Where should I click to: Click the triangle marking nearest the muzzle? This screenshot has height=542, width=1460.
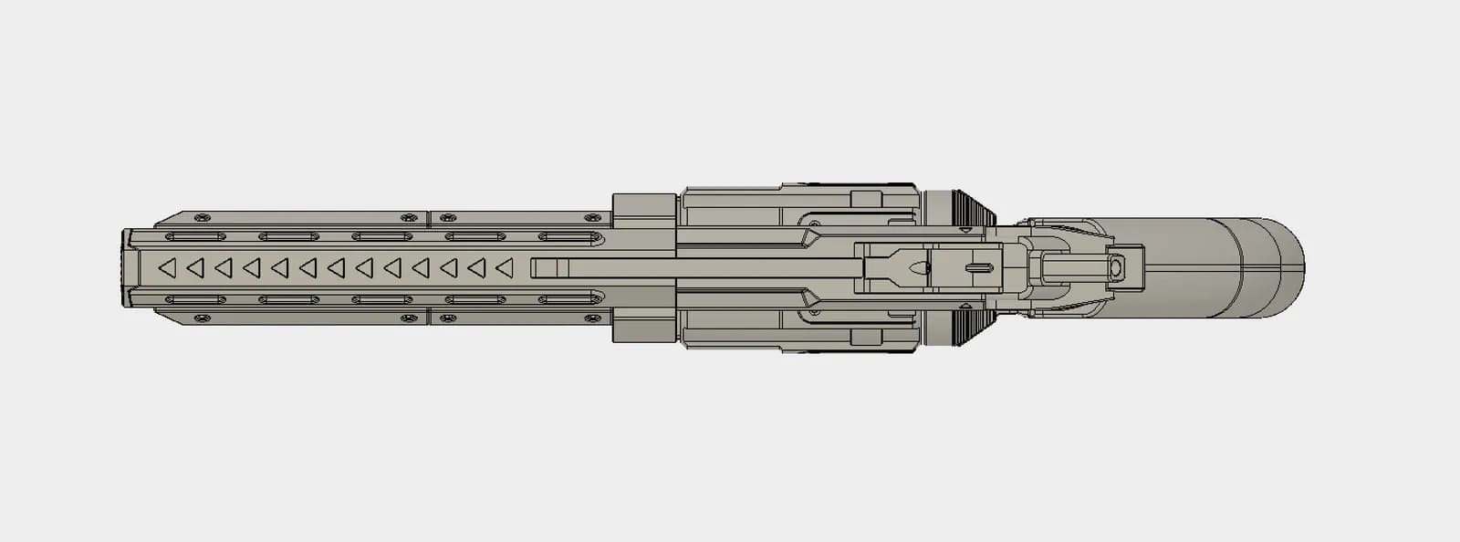tap(167, 268)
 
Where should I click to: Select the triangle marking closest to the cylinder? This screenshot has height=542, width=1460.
tap(504, 268)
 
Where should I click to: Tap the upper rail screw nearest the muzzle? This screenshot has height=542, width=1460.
tap(202, 217)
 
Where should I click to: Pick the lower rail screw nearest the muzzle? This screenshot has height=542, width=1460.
tap(202, 318)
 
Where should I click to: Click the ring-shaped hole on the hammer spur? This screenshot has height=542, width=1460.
tap(1115, 268)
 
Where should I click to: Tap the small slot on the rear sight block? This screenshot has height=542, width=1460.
tap(978, 268)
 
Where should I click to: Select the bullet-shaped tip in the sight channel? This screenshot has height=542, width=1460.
tap(917, 268)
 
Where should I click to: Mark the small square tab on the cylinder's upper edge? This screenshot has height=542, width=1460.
tap(866, 199)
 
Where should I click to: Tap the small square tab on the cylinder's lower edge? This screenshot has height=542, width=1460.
tap(866, 338)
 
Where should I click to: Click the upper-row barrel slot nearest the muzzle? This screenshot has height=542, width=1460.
tap(195, 237)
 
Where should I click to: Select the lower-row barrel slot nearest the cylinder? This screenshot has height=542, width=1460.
tap(568, 299)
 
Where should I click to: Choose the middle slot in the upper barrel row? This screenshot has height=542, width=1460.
tap(381, 237)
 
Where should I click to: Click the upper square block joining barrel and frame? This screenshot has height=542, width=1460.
tap(643, 211)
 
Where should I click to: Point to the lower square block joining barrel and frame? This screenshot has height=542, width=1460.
tap(643, 327)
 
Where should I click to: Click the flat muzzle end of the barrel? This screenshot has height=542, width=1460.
tap(126, 268)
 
